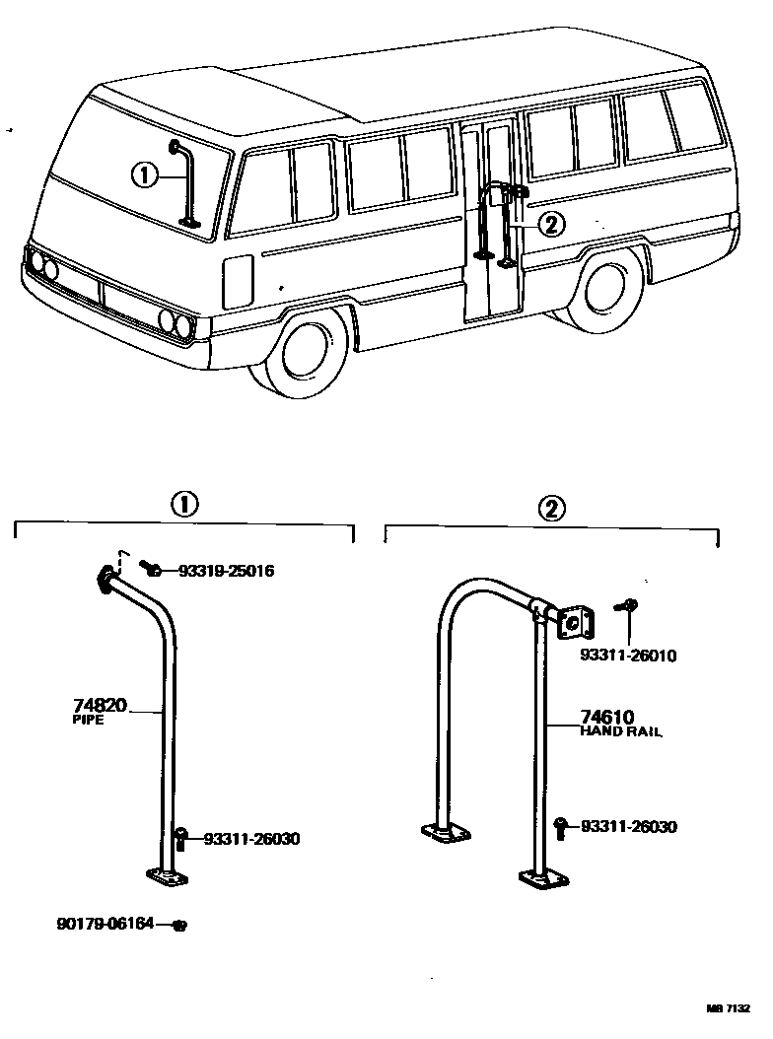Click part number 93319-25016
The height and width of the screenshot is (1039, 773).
click(226, 571)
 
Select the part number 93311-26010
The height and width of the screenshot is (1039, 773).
click(628, 655)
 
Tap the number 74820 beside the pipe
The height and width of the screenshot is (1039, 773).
click(100, 706)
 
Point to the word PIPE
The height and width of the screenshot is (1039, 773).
click(88, 721)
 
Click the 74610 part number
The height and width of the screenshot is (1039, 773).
click(606, 717)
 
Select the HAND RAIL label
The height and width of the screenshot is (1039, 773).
click(620, 731)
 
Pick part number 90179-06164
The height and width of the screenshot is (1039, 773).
click(105, 924)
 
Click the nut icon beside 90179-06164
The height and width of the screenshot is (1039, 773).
click(178, 925)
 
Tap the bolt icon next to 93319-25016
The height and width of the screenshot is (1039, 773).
click(152, 569)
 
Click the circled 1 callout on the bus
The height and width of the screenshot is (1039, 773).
click(144, 175)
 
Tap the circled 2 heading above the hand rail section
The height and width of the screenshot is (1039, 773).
click(551, 509)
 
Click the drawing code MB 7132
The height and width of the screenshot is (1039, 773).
click(728, 1008)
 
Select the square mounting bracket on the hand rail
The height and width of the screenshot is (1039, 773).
click(571, 622)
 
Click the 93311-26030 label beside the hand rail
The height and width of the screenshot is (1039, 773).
click(628, 827)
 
